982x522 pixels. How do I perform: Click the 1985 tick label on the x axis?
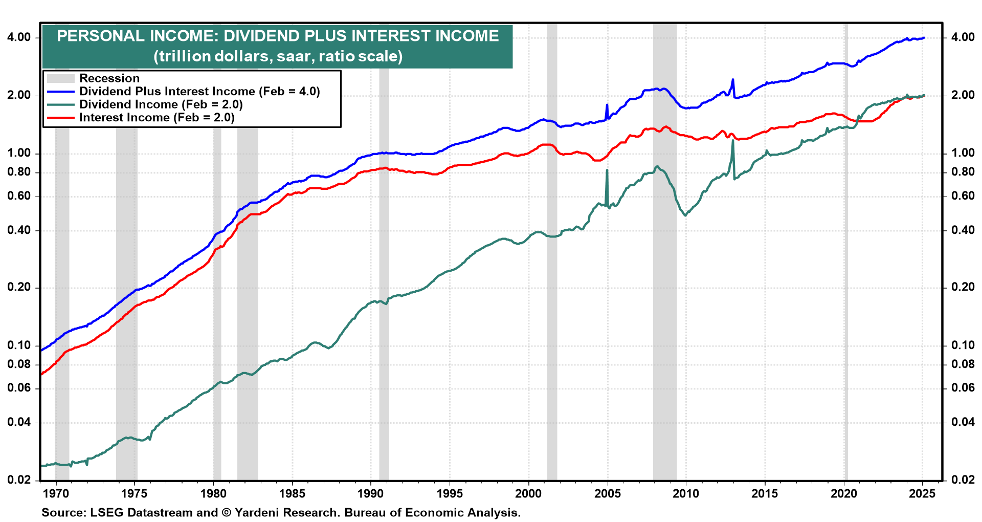point(292,494)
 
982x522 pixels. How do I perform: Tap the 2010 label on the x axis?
point(686,494)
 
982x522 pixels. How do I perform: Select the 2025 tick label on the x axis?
point(922,494)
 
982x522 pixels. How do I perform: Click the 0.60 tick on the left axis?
point(19,196)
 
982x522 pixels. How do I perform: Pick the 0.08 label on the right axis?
point(963,364)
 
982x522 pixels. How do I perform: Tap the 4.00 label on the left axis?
point(19,37)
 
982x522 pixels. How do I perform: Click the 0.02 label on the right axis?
point(963,480)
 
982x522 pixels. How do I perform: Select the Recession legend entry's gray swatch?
point(60,78)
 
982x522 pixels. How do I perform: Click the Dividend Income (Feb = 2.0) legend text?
point(161,104)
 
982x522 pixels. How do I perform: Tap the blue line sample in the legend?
point(60,92)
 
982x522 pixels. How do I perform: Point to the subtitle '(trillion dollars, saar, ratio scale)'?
point(278,56)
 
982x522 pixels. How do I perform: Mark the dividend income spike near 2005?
point(607,170)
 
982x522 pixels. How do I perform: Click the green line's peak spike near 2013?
point(733,140)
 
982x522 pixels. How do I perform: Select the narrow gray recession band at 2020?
point(845,256)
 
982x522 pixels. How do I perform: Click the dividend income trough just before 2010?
point(685,215)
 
